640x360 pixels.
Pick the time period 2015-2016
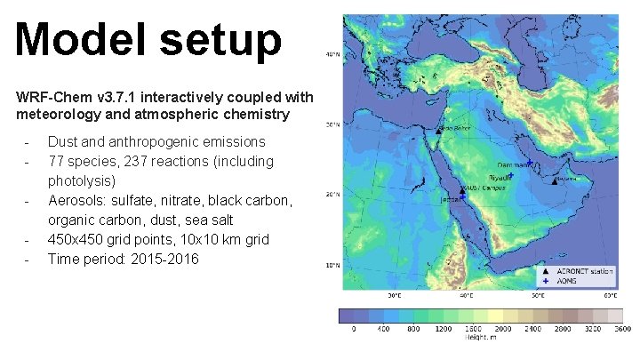tap(164, 259)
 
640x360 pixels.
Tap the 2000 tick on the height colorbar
tap(504, 329)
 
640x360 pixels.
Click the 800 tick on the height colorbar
tap(413, 329)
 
